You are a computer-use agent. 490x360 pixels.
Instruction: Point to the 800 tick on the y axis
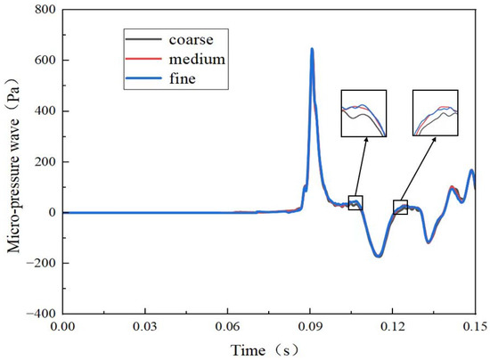pos(45,10)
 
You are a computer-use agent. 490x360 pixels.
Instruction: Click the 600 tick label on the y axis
pos(45,61)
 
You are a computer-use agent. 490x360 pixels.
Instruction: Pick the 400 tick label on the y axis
pos(45,111)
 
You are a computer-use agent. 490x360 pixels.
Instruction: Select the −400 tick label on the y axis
pos(41,315)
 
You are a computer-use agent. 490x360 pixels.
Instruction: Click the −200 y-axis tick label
pos(41,264)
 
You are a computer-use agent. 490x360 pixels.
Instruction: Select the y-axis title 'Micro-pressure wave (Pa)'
pos(15,162)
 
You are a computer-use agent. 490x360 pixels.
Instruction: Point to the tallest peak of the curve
pos(312,49)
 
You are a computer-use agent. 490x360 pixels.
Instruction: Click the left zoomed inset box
pos(363,113)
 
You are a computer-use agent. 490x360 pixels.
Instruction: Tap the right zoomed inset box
pos(435,113)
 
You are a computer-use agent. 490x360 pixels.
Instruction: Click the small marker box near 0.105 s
pos(355,202)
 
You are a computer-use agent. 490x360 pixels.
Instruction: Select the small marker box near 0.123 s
pos(401,208)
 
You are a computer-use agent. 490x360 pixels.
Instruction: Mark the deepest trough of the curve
pos(378,256)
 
